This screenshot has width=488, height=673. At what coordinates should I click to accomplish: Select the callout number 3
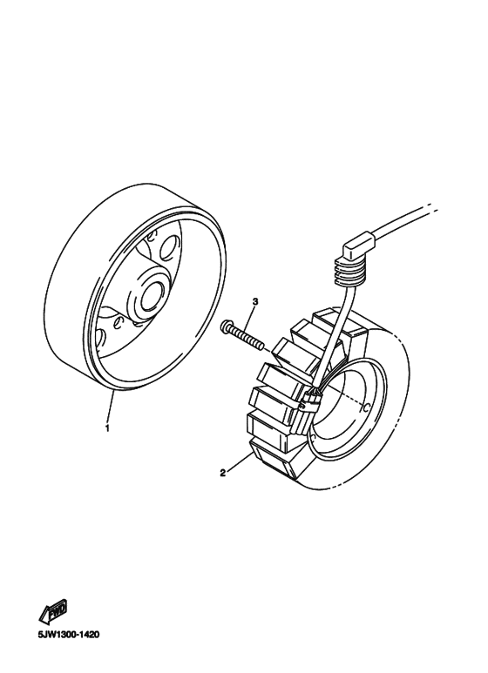(254, 301)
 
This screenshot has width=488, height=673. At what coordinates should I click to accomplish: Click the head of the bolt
(227, 328)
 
